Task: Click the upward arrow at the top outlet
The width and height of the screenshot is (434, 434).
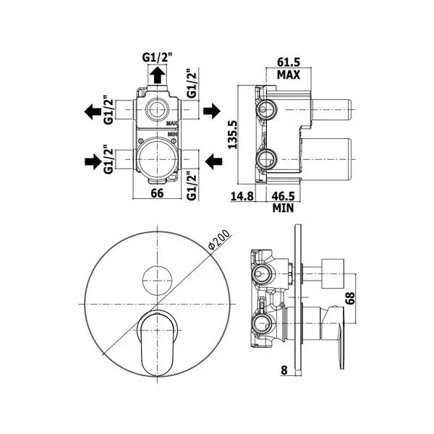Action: coord(158,75)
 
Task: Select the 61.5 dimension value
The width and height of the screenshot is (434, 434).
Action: coord(289,62)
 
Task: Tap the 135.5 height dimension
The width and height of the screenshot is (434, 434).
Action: coord(232,135)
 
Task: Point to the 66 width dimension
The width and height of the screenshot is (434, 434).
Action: coord(157,193)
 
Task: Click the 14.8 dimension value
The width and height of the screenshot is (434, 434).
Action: coord(242,196)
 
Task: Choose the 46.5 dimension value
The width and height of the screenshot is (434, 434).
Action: coord(283,196)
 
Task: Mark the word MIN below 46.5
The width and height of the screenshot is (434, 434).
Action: coord(283,208)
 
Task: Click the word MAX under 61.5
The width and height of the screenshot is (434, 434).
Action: coord(289,75)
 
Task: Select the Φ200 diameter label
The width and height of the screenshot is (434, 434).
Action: coord(219,239)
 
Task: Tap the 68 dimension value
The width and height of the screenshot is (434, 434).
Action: coord(350,298)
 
